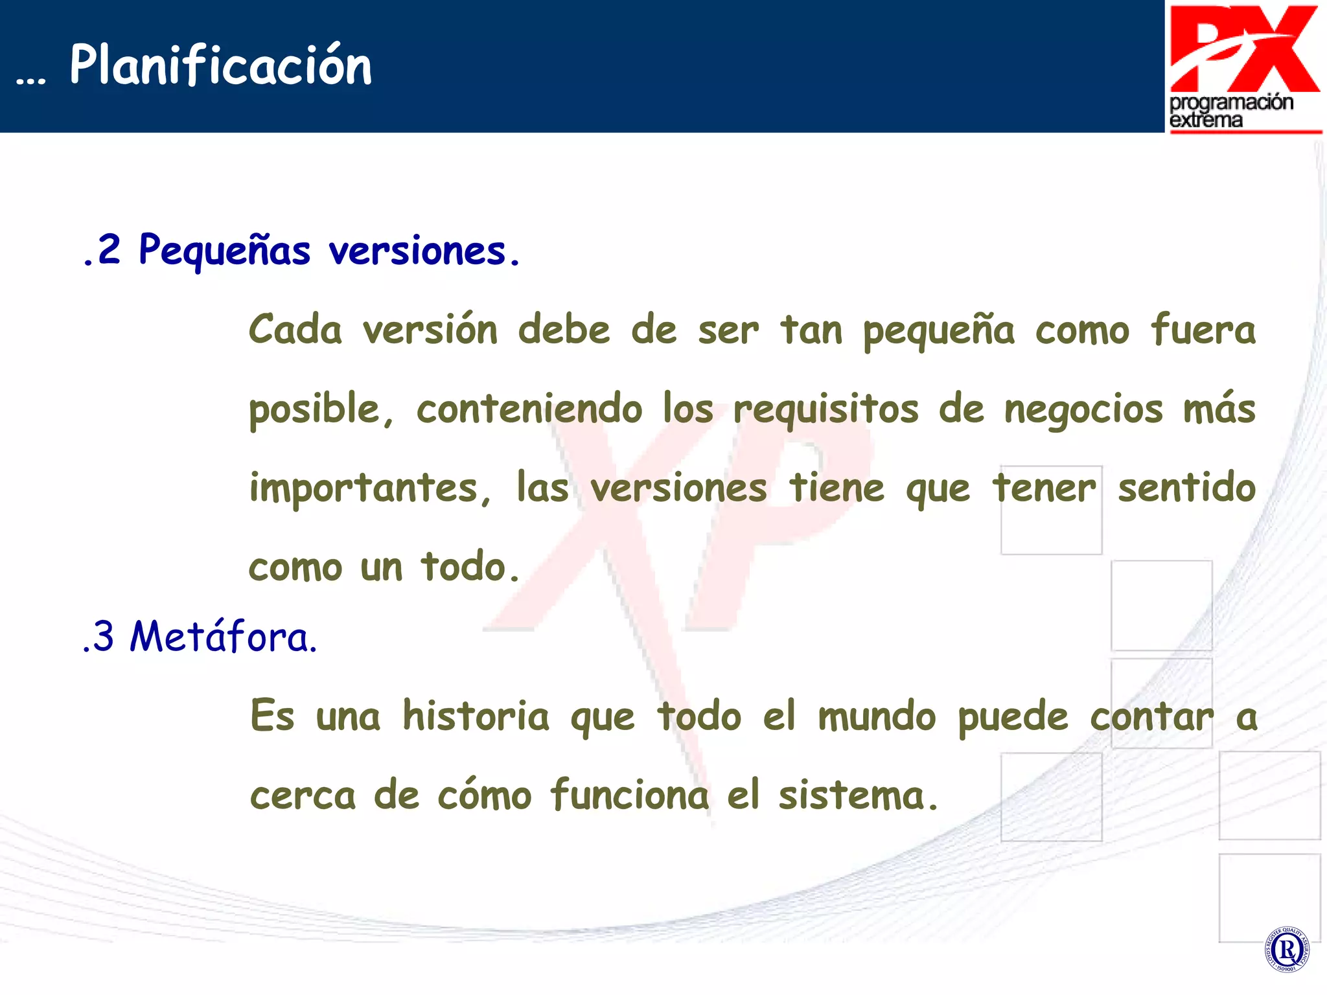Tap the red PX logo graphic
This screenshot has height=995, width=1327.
[x=1244, y=49]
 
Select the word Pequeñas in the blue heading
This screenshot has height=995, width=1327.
[x=224, y=250]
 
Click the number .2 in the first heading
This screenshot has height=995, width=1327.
[x=102, y=250]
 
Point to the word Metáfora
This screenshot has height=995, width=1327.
[x=224, y=636]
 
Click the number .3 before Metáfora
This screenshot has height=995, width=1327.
[x=98, y=636]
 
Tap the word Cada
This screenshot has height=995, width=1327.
[x=295, y=330]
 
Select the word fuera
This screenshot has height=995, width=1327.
[x=1203, y=330]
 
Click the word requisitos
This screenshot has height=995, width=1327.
[x=825, y=409]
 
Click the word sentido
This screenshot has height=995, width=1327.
[x=1186, y=487]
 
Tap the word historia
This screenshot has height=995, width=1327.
[x=476, y=716]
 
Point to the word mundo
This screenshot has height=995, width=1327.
[x=877, y=716]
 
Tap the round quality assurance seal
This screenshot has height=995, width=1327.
[x=1286, y=950]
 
